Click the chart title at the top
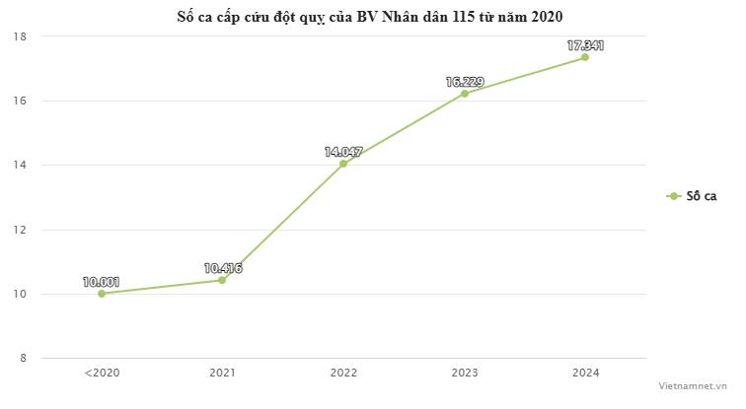372,16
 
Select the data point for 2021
222,280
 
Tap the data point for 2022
343,164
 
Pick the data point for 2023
465,94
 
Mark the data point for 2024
585,57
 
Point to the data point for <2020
102,294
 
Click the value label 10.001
102,281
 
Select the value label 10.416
223,267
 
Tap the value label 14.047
343,152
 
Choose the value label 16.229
465,82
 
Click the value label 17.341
585,45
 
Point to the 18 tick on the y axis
20,36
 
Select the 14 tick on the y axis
20,165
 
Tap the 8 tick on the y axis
21,358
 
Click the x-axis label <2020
102,373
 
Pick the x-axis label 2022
343,373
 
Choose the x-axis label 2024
585,373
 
